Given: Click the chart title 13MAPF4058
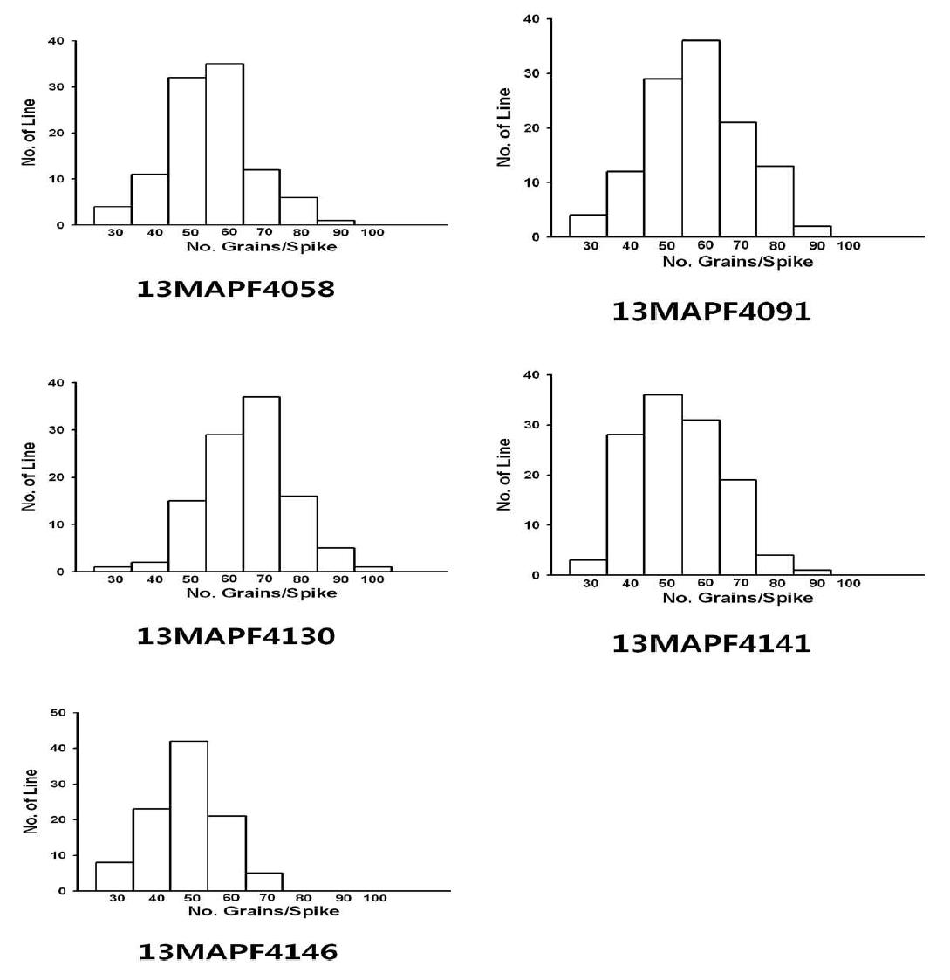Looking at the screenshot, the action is tap(236, 289).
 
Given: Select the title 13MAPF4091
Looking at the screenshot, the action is tap(711, 312).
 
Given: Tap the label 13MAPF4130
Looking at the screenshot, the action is tap(236, 636).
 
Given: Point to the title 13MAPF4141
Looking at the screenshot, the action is tap(711, 644).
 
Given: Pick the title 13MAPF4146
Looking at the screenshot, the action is tap(237, 952).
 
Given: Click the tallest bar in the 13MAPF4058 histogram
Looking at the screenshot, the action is tap(224, 144).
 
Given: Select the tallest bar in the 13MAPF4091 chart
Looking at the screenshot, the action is tap(701, 138).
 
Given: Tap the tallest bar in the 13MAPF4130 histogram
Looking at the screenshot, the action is tap(261, 483).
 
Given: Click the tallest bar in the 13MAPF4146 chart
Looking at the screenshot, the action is tap(188, 816).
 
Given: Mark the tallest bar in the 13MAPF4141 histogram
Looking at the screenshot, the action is tap(663, 484).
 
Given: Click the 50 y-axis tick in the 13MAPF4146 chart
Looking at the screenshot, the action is tap(58, 712).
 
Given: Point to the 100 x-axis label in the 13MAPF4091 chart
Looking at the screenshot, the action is tap(848, 245).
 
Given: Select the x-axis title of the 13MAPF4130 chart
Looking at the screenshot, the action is tap(261, 593).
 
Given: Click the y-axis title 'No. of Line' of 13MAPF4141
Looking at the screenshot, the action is tap(504, 475).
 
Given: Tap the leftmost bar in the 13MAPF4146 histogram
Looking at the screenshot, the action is tap(113, 876).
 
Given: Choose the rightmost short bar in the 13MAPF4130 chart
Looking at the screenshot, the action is tap(372, 569).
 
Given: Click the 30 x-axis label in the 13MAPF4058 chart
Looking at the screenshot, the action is tap(115, 232).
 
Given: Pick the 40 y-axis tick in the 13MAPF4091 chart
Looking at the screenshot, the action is tap(532, 18).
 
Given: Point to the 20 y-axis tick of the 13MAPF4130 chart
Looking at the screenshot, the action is tap(57, 476).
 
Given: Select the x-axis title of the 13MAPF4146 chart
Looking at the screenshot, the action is tap(263, 911).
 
